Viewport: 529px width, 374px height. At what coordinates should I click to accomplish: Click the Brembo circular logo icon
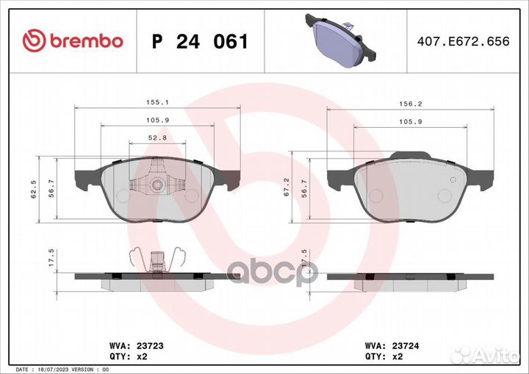(x=34, y=40)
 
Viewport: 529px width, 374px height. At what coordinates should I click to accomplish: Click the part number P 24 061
(x=200, y=42)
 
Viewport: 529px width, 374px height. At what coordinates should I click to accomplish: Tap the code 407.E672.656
(x=463, y=41)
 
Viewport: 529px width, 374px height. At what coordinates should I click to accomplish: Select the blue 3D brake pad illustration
(x=340, y=40)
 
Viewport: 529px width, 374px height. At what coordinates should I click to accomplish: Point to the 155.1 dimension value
(x=157, y=102)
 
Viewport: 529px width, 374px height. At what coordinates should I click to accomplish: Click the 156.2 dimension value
(x=411, y=104)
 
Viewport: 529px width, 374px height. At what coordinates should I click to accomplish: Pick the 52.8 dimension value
(x=157, y=137)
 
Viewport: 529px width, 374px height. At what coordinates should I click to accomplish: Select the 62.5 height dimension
(x=34, y=189)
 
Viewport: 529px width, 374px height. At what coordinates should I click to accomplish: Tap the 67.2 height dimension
(x=287, y=187)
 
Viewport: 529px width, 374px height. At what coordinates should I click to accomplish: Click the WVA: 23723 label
(x=137, y=346)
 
